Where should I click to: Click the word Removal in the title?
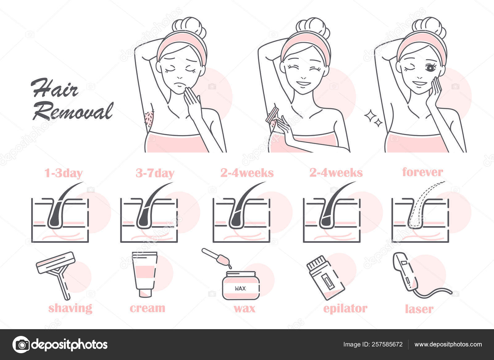tap(73, 111)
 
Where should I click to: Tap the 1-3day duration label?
tap(64, 173)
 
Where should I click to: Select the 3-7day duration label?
tap(155, 173)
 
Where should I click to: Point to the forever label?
tap(422, 172)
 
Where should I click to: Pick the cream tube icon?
tap(144, 274)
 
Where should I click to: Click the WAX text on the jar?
tap(240, 288)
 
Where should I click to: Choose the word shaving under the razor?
tap(70, 308)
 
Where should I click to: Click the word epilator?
tap(345, 308)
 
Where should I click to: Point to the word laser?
tap(419, 309)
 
